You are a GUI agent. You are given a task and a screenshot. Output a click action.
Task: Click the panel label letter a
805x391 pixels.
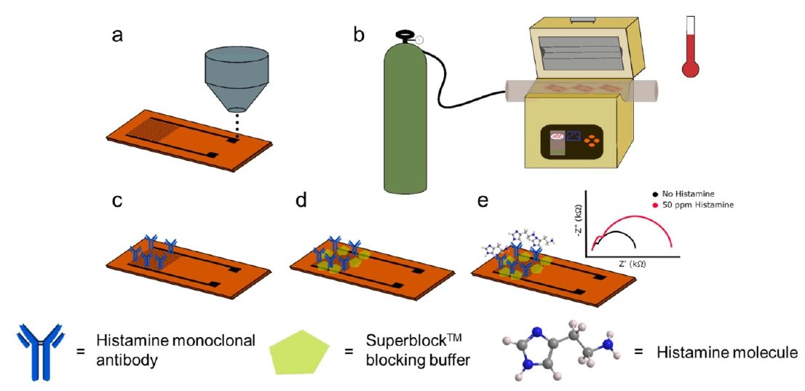(x=117, y=36)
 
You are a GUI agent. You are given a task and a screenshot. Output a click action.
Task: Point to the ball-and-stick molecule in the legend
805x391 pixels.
(x=561, y=352)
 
